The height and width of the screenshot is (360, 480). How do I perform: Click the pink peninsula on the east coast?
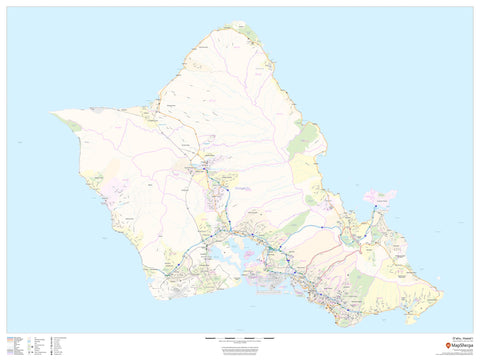(x=382, y=196)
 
